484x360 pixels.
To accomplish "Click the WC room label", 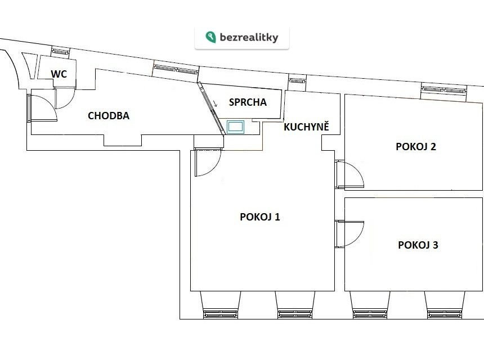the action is (x=59, y=74).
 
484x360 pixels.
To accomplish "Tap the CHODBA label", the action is (x=109, y=116).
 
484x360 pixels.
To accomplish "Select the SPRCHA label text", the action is (x=248, y=102).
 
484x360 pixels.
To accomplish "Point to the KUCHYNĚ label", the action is (x=307, y=127).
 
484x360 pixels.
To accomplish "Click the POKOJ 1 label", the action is (x=260, y=217).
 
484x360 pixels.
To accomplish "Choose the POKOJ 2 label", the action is (x=416, y=146).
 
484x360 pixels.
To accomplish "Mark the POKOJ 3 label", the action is (x=418, y=245).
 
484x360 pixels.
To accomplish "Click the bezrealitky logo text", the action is (x=249, y=37).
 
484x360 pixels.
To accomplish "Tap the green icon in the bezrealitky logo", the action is (x=210, y=37).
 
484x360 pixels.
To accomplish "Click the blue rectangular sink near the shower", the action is (x=235, y=127).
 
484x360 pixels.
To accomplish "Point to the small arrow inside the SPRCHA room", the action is (x=215, y=103).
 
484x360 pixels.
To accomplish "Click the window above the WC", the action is (x=61, y=52).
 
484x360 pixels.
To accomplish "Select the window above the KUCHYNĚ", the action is (x=297, y=81).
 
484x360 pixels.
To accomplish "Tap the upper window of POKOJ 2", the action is (x=444, y=90).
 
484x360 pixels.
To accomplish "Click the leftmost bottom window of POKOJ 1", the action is (x=221, y=314).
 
